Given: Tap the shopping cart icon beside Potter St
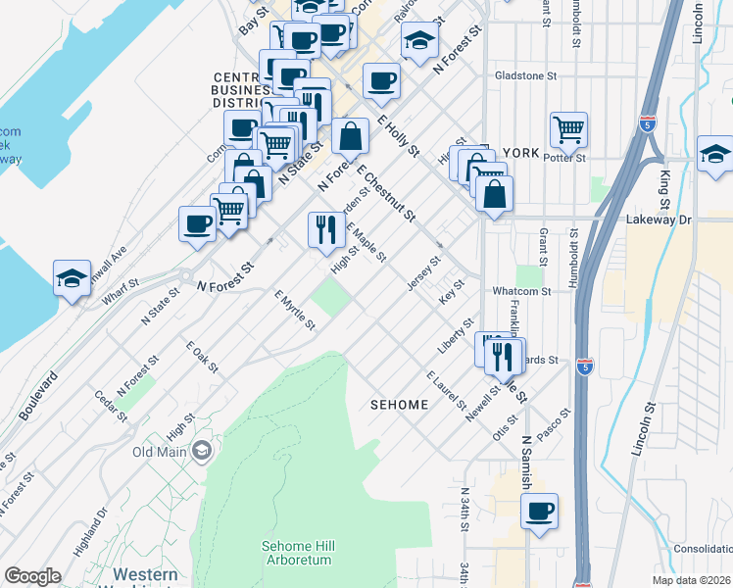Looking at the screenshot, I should pyautogui.click(x=568, y=129).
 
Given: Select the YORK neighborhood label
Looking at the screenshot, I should pyautogui.click(x=520, y=153).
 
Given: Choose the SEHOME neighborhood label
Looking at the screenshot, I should pyautogui.click(x=400, y=405).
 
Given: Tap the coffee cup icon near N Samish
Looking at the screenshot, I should pyautogui.click(x=539, y=511).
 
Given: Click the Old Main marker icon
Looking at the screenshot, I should pyautogui.click(x=203, y=452).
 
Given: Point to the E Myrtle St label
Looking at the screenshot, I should pyautogui.click(x=294, y=309).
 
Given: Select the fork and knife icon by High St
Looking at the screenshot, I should pyautogui.click(x=326, y=230).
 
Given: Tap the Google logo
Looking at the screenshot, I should pyautogui.click(x=32, y=576).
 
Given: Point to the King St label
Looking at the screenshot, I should pyautogui.click(x=666, y=181).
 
